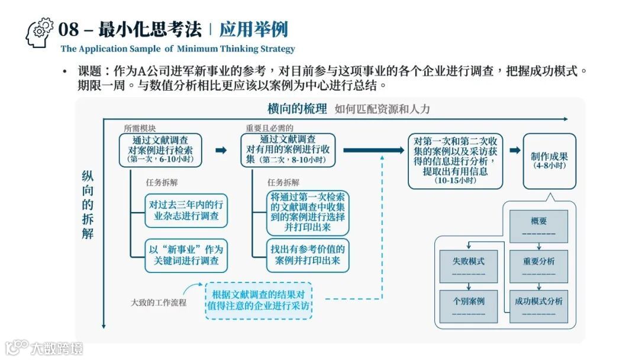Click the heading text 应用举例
(x=253, y=29)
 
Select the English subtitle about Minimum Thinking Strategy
(x=177, y=49)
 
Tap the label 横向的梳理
(x=296, y=109)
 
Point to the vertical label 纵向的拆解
(x=88, y=205)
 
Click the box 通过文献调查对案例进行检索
(x=160, y=150)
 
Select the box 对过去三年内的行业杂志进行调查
(x=186, y=211)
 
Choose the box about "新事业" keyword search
(x=186, y=255)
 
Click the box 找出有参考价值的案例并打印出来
(x=308, y=255)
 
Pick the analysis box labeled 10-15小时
(x=455, y=161)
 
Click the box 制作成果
(x=549, y=160)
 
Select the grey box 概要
(x=538, y=226)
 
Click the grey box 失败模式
(x=468, y=265)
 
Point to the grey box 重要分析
(x=538, y=265)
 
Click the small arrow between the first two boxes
(x=221, y=150)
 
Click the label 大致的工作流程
(x=159, y=303)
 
